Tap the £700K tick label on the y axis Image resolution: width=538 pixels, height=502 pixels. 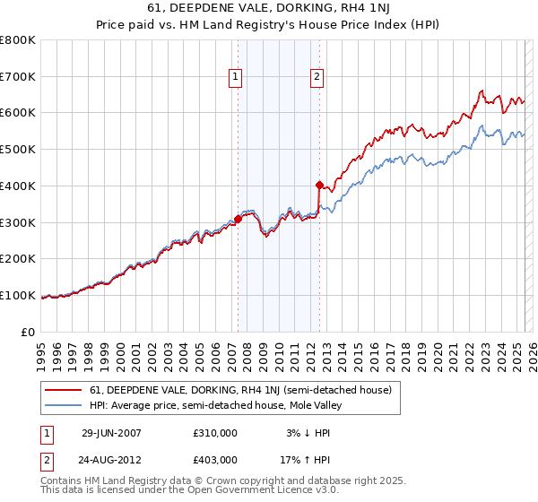[x=18, y=76]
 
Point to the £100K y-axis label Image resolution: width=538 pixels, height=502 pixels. [x=18, y=295]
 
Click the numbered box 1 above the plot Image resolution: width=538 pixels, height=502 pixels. [x=235, y=78]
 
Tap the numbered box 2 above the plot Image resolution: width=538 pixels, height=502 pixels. [x=317, y=78]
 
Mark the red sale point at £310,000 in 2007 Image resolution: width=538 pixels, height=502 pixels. [x=239, y=218]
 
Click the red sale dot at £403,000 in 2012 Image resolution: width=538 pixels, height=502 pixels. [x=319, y=185]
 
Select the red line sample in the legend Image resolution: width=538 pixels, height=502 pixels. [x=64, y=390]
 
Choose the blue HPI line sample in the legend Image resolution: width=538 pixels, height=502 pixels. [x=64, y=405]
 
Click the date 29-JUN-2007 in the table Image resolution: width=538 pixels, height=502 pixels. [x=111, y=433]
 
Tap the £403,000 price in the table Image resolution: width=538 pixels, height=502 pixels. [x=215, y=460]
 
